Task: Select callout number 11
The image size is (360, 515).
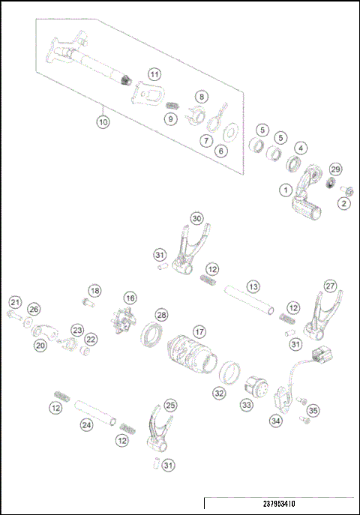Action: point(154,74)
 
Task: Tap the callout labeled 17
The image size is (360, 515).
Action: point(199,331)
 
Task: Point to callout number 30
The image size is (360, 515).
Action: point(196,218)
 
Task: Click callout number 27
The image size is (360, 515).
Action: point(330,286)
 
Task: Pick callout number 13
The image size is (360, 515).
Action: point(253,286)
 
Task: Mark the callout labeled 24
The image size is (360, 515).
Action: point(87,425)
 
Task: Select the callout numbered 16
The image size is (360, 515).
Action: point(130,298)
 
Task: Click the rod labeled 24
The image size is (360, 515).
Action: point(97,412)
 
